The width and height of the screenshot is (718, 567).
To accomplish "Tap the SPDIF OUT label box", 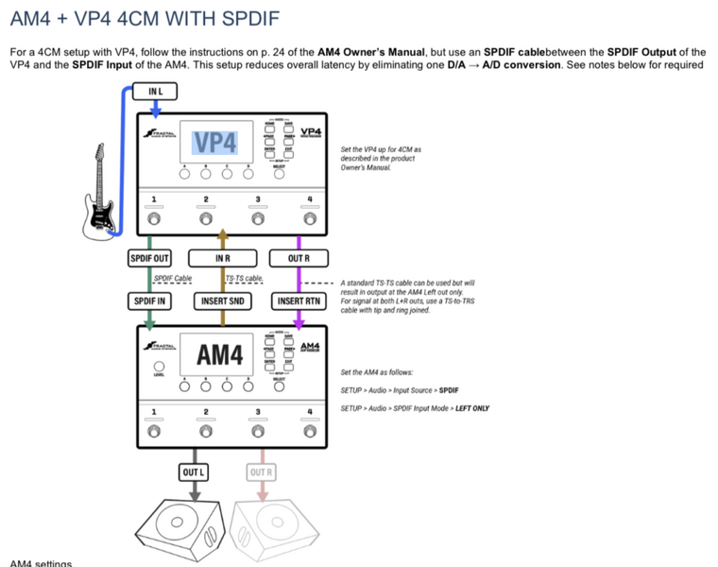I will point(149,257).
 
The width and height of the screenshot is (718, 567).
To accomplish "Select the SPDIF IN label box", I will point(149,301).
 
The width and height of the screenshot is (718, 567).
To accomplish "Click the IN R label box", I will point(222,257).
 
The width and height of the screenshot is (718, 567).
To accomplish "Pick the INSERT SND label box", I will point(222,301).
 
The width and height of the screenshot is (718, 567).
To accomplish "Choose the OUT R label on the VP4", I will point(298,257).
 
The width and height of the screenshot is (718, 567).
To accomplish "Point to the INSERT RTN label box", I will point(298,301).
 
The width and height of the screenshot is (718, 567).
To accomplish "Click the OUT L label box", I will point(194,471).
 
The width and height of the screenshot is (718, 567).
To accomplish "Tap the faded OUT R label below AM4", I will point(260,471).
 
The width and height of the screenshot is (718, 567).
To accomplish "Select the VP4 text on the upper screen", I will point(214,142).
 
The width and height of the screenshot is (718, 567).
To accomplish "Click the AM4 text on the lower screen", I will point(219,355).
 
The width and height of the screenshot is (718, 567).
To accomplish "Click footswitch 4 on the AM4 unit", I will point(309,433).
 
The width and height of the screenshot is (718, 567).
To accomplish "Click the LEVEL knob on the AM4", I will point(158,367).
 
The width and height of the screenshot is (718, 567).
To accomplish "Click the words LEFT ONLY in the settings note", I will point(472,408).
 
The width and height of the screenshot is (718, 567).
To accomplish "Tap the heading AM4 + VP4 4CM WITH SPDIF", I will point(145,18).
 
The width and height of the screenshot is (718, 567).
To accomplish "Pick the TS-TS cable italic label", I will point(244,279).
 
